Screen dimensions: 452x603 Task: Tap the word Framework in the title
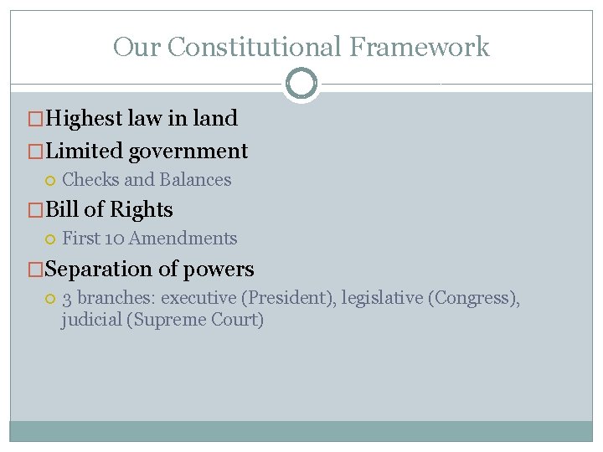420,47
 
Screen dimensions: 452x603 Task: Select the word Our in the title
136,47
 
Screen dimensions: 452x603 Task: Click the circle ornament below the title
301,84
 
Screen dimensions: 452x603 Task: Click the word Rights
143,209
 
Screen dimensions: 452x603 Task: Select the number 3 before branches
67,298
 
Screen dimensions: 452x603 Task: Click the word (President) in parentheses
285,298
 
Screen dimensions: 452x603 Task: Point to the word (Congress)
473,298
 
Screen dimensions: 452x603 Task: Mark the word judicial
90,320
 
